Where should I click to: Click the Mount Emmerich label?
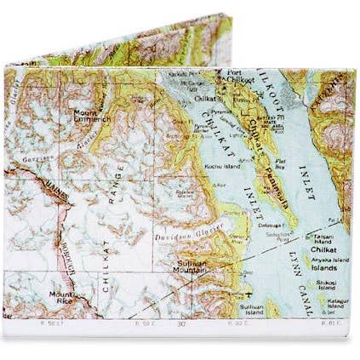pos(90,116)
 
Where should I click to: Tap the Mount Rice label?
pos(61,297)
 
